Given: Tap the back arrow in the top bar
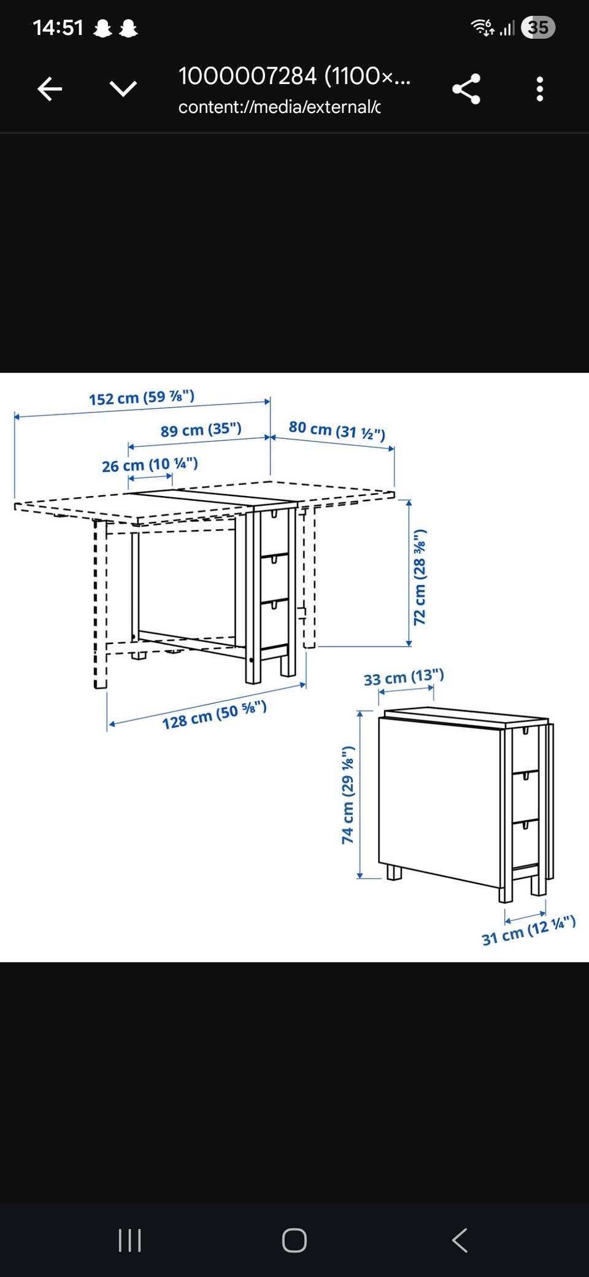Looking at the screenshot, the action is (50, 89).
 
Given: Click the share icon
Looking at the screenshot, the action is (466, 89).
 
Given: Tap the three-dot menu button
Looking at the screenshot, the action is (540, 89).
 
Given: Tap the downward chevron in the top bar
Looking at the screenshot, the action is (123, 89).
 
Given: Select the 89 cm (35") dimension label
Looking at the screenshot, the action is (201, 430).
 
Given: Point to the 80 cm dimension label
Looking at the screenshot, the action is (337, 430).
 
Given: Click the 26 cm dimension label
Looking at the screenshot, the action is (150, 465).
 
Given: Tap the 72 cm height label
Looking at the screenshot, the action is (420, 577).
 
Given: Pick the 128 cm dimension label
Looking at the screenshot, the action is (214, 715).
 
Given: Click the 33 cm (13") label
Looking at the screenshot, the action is (404, 677).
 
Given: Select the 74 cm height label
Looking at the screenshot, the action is (348, 795).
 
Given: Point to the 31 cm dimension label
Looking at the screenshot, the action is (529, 931).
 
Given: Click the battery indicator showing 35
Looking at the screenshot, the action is (538, 28).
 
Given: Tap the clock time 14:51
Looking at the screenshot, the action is (58, 28).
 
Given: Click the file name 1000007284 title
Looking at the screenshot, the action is (294, 76).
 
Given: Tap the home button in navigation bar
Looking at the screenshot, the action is (294, 1240).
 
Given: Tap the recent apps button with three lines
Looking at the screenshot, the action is (129, 1240).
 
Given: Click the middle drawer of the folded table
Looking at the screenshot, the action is (525, 796).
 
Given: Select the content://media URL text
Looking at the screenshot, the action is (279, 107).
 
